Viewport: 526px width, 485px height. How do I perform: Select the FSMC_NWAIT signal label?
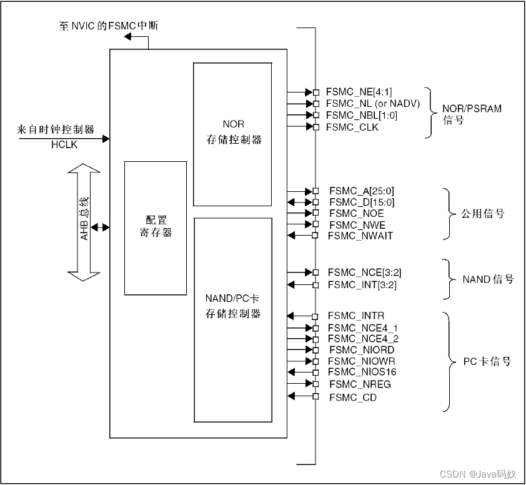tap(360, 236)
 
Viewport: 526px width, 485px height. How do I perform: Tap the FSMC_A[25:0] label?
tap(362, 191)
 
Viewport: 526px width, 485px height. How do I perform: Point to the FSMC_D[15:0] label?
tap(362, 202)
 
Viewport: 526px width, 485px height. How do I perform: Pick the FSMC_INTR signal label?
tap(356, 316)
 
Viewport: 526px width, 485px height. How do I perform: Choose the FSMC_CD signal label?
tap(353, 397)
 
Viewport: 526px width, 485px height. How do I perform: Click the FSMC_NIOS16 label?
tap(362, 372)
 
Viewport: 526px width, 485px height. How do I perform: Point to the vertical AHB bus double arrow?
tap(84, 222)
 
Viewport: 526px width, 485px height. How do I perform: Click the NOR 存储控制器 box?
tap(233, 133)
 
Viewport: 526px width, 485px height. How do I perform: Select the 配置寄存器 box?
tap(156, 227)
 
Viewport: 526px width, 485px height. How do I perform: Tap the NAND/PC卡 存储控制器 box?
tap(233, 319)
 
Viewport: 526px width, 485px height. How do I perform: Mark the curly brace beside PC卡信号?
tap(447, 362)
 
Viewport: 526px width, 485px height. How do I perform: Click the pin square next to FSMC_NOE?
tap(316, 213)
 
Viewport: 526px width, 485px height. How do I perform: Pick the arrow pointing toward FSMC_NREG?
tap(300, 384)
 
